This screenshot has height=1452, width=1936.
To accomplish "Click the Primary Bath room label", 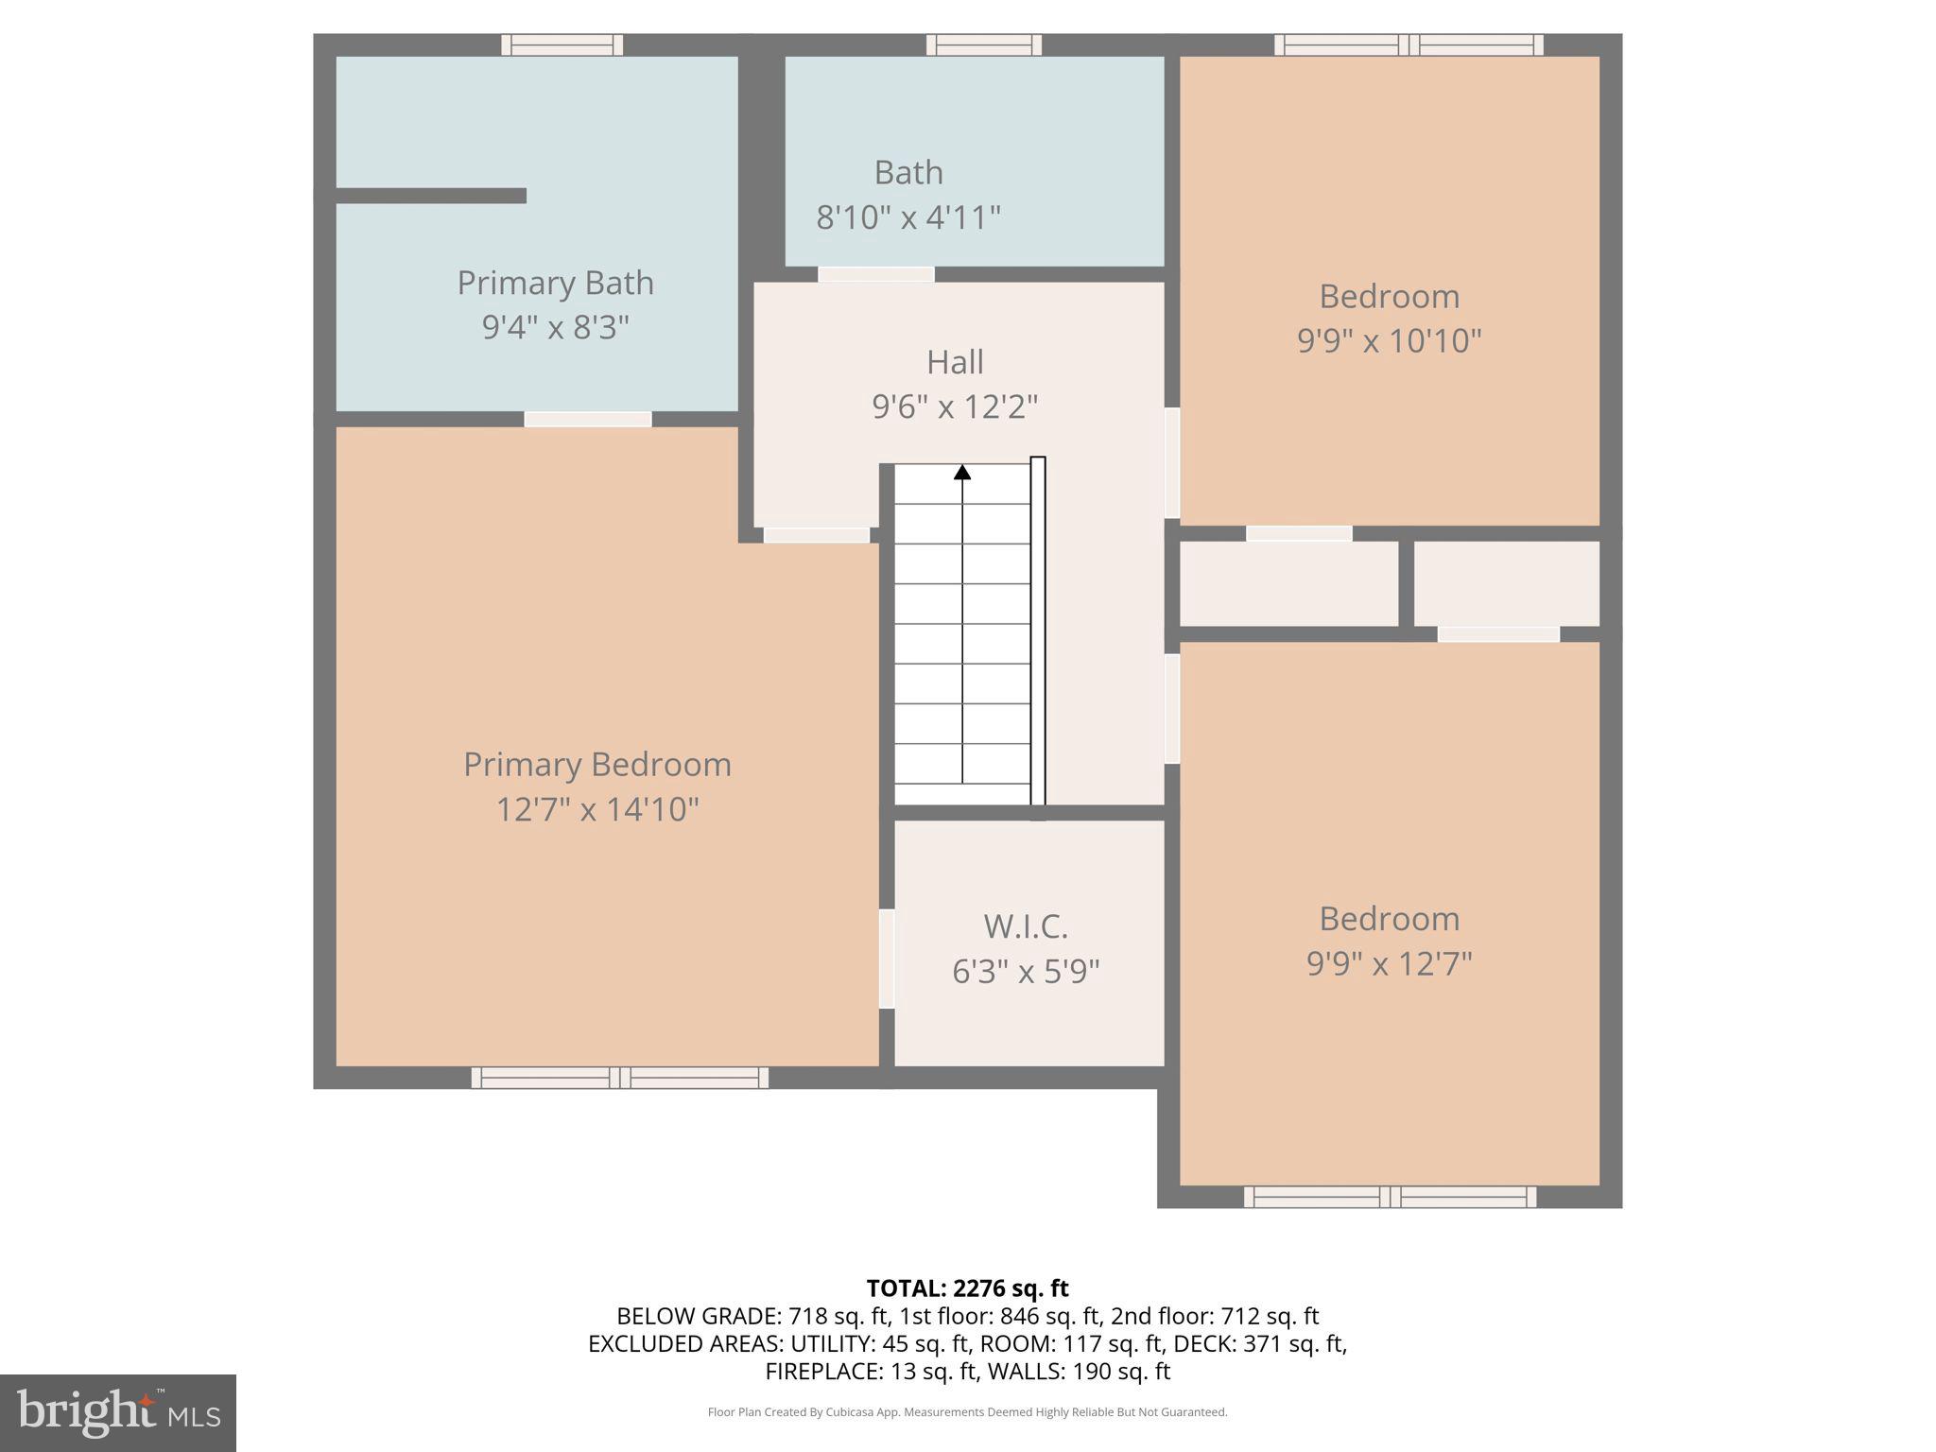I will click(555, 283).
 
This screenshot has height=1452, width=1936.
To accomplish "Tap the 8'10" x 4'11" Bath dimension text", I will click(907, 217).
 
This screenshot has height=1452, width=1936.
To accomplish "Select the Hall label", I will click(955, 362).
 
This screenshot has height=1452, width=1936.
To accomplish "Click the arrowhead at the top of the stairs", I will click(962, 472).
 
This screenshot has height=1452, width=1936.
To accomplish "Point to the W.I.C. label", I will click(1026, 926).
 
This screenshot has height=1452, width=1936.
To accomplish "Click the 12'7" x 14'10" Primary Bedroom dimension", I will click(597, 809).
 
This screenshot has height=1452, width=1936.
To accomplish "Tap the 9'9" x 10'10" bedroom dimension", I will click(1389, 340).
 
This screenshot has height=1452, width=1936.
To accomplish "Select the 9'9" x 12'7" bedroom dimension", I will click(1389, 963).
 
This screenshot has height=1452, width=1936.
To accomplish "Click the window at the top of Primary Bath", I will click(562, 44).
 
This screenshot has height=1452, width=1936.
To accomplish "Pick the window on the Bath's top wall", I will click(983, 44).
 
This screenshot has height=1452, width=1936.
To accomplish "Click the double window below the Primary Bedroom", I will click(620, 1078).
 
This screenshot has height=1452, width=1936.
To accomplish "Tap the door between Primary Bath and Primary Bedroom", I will click(588, 419).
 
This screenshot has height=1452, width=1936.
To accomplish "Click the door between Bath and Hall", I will click(875, 274).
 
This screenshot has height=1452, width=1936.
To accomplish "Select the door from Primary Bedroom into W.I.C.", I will click(887, 959).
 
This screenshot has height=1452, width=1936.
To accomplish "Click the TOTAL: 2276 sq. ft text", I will click(967, 1288).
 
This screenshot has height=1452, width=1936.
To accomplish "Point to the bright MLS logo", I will click(118, 1412).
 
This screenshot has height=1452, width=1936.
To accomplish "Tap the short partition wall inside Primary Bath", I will click(431, 196).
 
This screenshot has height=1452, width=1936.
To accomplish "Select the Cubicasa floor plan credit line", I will click(967, 1412).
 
